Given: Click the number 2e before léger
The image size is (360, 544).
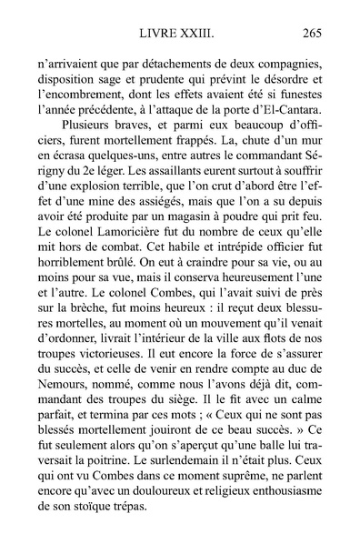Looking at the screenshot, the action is coord(92,172).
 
